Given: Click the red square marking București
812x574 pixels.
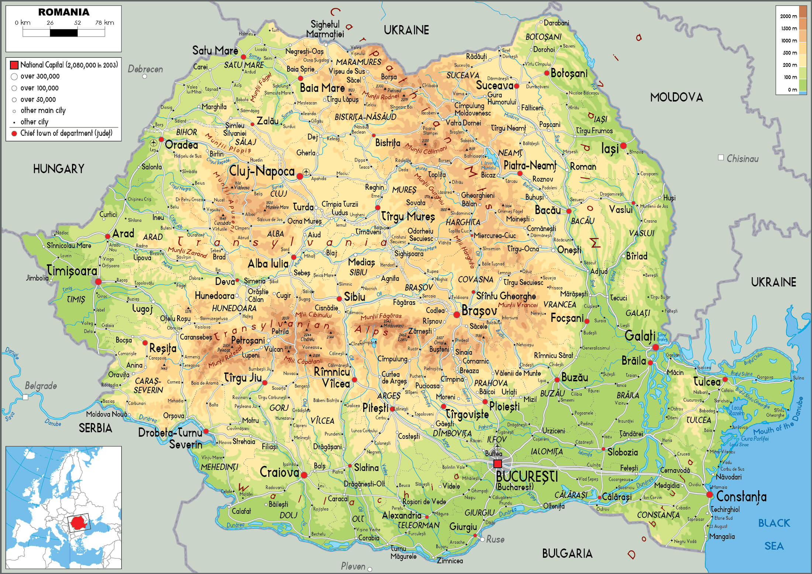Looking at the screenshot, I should coord(498,464).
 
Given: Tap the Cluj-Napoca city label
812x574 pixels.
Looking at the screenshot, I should coord(262,171).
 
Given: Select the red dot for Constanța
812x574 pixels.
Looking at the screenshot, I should coord(709,495).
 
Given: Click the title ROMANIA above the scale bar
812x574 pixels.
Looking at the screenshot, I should coord(63,12).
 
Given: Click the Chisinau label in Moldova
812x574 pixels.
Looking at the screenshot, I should coord(742,159).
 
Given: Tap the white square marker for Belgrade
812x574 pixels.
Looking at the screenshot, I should coord(25,397).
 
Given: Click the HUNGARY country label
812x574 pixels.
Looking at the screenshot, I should coord(59,169).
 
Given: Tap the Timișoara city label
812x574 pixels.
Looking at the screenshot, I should coord(72,271).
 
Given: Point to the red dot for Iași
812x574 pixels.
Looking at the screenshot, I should coord(623,146).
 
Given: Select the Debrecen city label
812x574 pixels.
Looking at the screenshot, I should coord(145,69).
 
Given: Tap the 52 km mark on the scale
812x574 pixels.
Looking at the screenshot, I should coord(78,23).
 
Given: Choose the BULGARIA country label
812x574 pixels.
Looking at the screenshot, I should coord(567,553).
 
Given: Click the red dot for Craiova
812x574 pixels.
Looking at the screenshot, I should coord(304,475).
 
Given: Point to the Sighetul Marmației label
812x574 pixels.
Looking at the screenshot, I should coord(325,29).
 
